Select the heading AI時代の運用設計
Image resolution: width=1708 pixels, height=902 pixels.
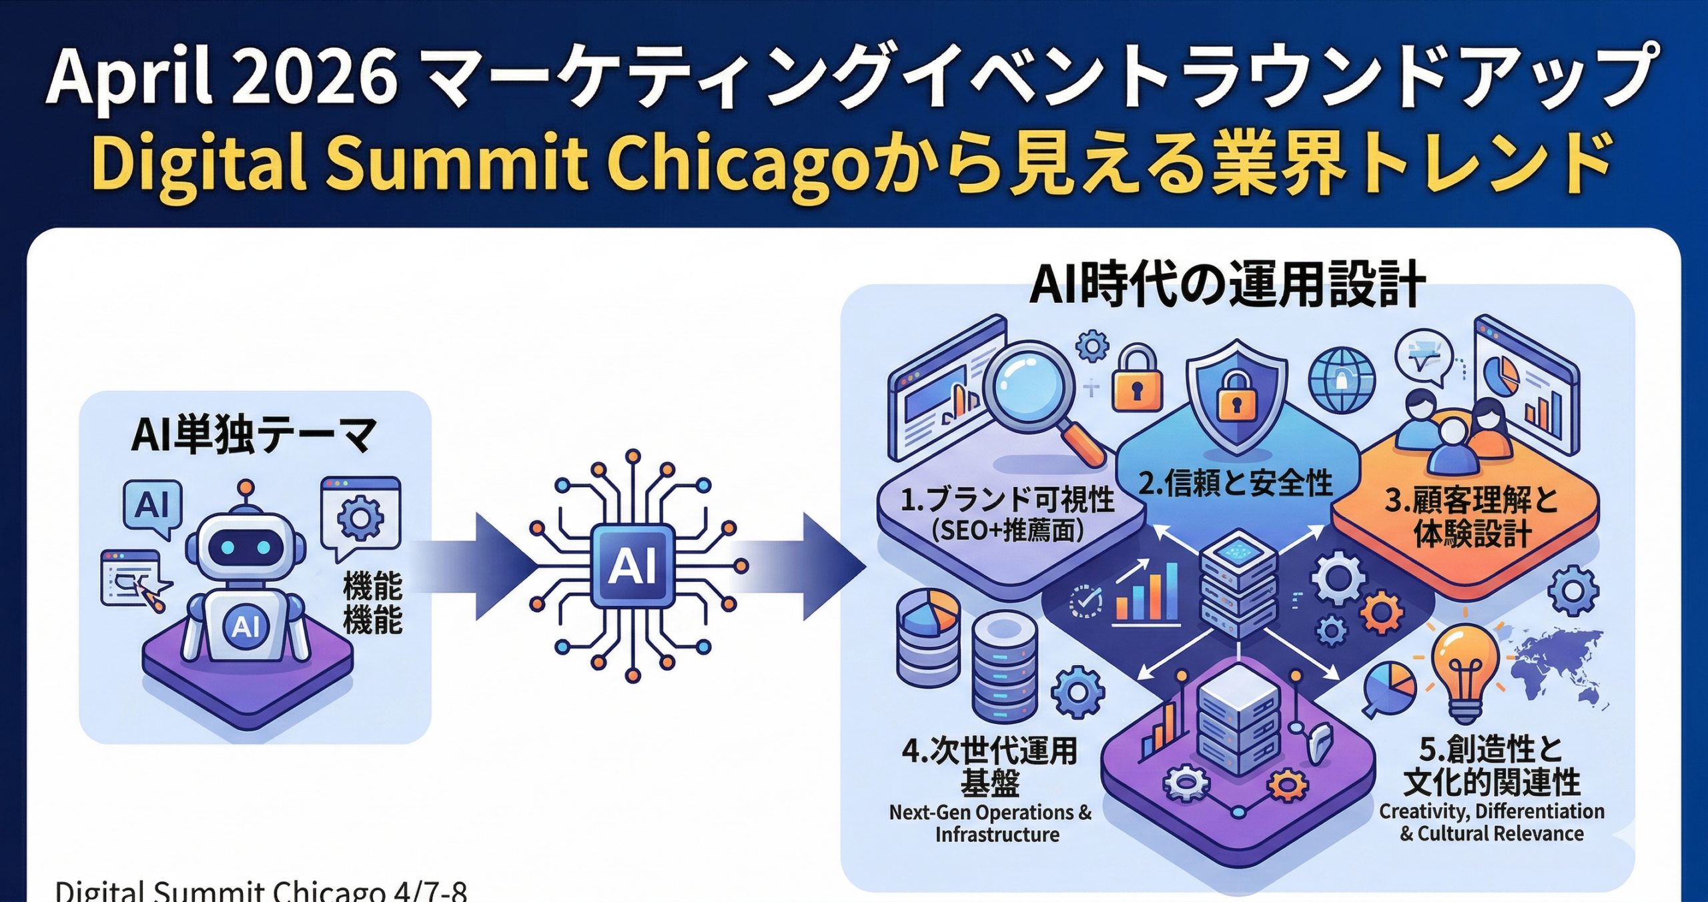(1227, 285)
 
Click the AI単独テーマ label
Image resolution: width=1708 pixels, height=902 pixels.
(254, 434)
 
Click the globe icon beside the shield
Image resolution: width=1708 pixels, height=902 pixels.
(1341, 380)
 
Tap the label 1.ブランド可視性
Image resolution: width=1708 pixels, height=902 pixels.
(1007, 500)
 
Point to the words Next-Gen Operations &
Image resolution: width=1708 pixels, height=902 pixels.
(990, 813)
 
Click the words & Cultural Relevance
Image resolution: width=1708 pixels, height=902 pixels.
(1491, 834)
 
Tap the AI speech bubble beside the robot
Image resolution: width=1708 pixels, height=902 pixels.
(153, 508)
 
